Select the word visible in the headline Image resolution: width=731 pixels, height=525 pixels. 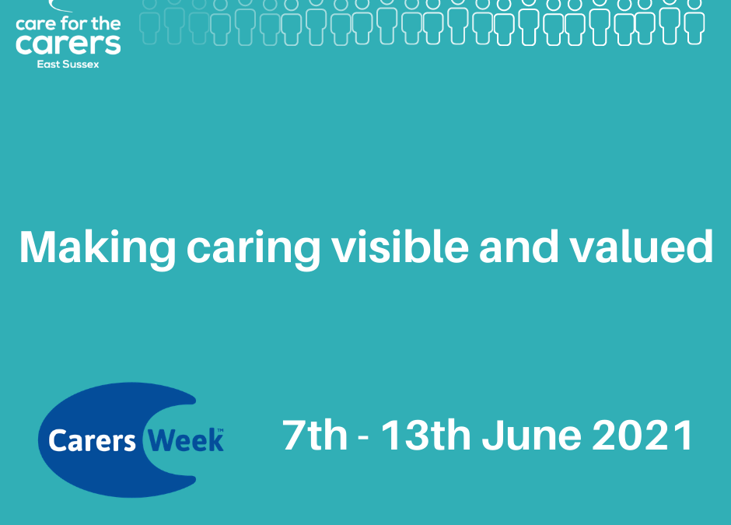(400, 246)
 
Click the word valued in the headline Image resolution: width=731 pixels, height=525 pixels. (642, 247)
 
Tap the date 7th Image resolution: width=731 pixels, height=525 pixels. (315, 435)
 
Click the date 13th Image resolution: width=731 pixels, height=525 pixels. (425, 435)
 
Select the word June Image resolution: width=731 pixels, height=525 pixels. (531, 435)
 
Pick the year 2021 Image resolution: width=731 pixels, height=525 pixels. (642, 435)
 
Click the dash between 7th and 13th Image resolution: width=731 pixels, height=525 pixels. (364, 438)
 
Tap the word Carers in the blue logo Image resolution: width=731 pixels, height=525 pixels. (92, 440)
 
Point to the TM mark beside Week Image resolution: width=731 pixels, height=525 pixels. (221, 430)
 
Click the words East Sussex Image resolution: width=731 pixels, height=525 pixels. (68, 65)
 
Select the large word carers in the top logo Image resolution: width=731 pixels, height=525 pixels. (68, 44)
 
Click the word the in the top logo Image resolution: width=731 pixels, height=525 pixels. (106, 23)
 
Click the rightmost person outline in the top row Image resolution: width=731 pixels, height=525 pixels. (694, 23)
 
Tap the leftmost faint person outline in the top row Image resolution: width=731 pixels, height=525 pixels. (149, 23)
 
